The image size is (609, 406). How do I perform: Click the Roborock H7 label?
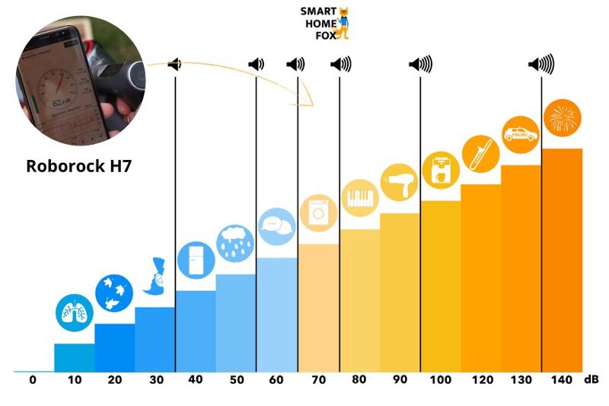pyautogui.click(x=79, y=165)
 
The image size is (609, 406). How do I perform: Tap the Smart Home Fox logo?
pyautogui.click(x=325, y=23)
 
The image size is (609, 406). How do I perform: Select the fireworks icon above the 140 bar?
pyautogui.click(x=563, y=118)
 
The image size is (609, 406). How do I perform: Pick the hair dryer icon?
pyautogui.click(x=400, y=182)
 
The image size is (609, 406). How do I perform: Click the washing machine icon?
pyautogui.click(x=318, y=213)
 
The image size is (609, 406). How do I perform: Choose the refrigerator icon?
pyautogui.click(x=196, y=260)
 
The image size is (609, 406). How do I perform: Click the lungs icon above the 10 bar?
pyautogui.click(x=74, y=312)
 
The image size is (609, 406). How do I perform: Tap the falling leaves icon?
pyautogui.click(x=114, y=293)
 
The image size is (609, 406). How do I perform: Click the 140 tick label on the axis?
pyautogui.click(x=561, y=379)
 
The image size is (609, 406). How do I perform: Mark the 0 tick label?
pyautogui.click(x=33, y=379)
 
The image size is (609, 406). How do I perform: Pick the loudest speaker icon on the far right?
pyautogui.click(x=542, y=65)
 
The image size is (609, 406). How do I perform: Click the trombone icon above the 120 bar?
pyautogui.click(x=480, y=152)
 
